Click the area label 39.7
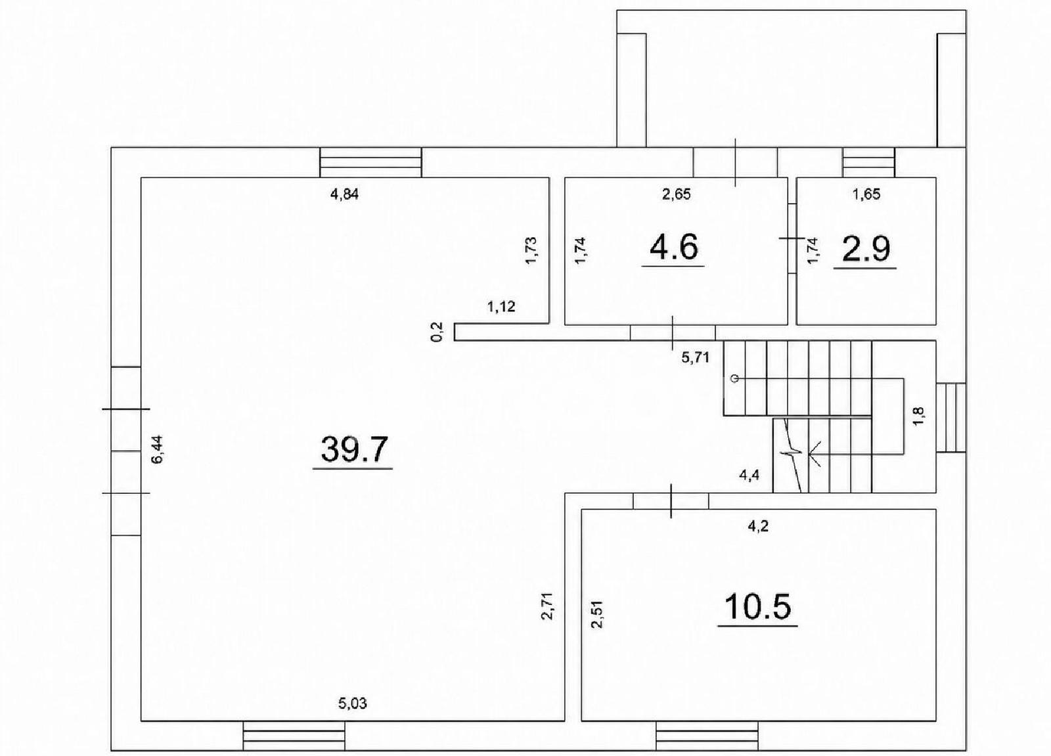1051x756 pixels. pos(355,449)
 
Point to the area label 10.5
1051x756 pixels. pos(758,606)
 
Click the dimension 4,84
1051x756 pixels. pos(345,194)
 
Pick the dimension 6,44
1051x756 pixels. pos(157,449)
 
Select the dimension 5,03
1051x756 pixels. pos(353,717)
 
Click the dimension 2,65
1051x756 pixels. pos(676,194)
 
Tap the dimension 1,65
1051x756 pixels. pos(866,194)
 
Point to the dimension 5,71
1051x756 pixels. pos(696,358)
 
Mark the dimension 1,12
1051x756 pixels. pos(502,307)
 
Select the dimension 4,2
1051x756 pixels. pos(758,526)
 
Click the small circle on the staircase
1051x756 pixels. pos(735,378)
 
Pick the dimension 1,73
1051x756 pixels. pos(531,251)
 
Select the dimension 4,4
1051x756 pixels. pos(749,476)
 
